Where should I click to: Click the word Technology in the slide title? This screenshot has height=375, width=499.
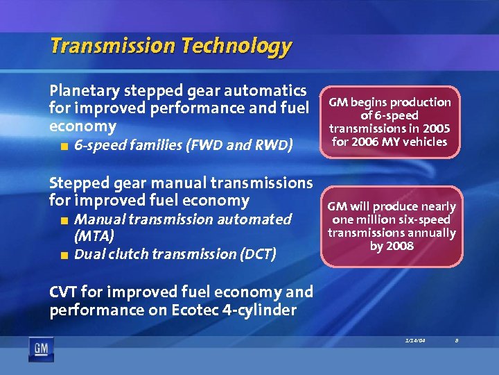coord(236,47)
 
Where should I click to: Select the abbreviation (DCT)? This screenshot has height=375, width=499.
coord(256,254)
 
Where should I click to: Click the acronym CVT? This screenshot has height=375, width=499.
coord(64,292)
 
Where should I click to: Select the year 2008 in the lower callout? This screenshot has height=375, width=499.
coord(401,246)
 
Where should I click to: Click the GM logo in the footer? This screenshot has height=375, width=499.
coord(40,349)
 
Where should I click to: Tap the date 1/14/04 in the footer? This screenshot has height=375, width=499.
coord(414,340)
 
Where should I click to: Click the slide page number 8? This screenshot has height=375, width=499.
coord(457,340)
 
